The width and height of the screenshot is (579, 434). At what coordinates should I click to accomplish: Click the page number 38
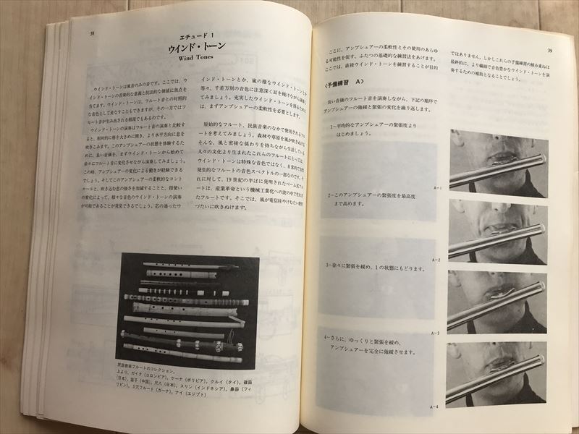(x=91, y=33)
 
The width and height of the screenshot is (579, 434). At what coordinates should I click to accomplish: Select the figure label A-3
(x=435, y=333)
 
